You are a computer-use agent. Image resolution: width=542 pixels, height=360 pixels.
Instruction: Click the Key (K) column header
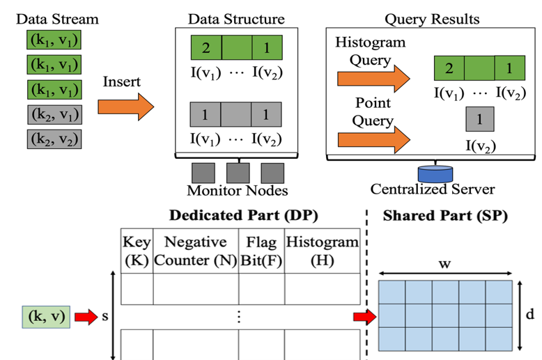tap(137, 251)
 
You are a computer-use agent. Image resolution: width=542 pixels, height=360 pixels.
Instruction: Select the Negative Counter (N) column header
tap(195, 251)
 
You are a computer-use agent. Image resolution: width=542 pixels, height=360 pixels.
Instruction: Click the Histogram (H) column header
tap(321, 251)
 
